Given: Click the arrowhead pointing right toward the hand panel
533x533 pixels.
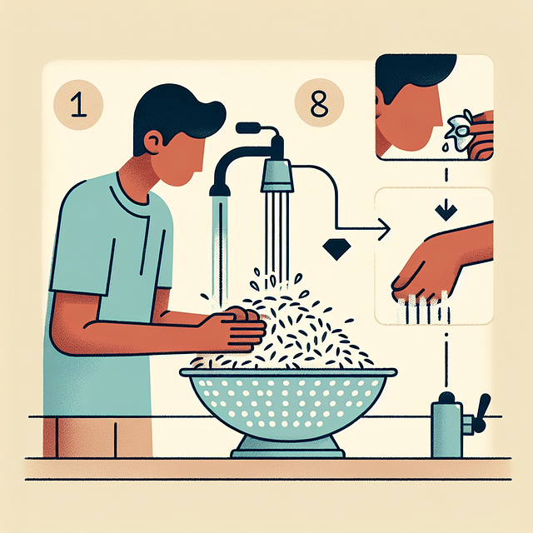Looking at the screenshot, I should click(x=384, y=228).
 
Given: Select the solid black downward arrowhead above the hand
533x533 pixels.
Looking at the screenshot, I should click(x=447, y=213).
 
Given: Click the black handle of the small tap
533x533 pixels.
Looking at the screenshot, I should click(x=481, y=411).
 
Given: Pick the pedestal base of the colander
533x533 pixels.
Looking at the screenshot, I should click(x=287, y=447).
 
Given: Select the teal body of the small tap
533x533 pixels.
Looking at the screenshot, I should click(x=446, y=428).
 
